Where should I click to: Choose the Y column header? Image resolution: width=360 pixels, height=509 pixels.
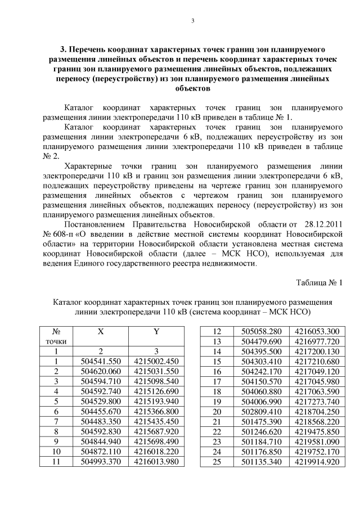[156, 332]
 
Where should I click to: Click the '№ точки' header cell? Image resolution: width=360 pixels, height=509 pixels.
[56, 336]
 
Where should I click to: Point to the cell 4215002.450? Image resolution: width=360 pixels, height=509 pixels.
[156, 361]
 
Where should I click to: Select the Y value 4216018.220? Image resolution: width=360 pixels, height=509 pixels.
[156, 451]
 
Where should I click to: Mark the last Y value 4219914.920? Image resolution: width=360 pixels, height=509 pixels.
[317, 461]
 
